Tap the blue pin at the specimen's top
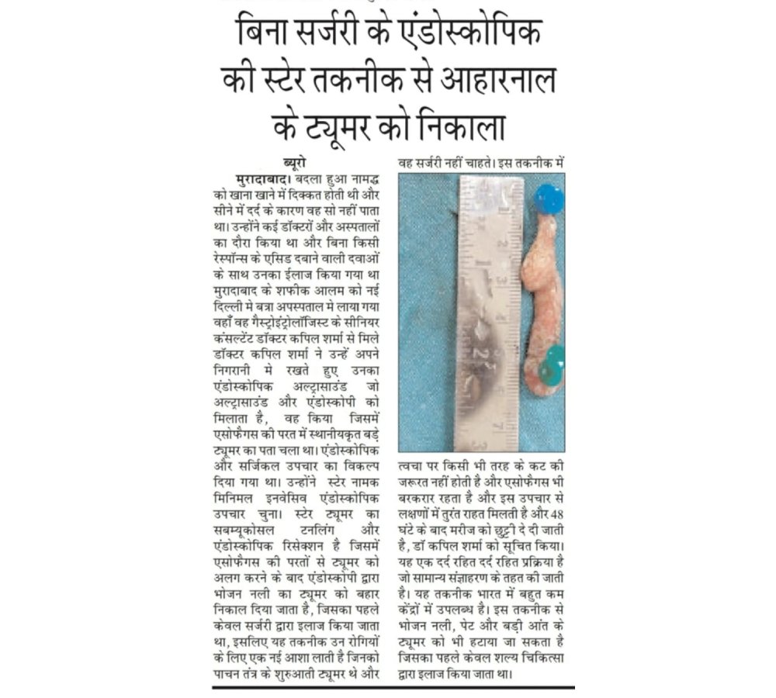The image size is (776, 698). point(549,199)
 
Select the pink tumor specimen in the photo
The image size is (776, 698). point(541,295)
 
